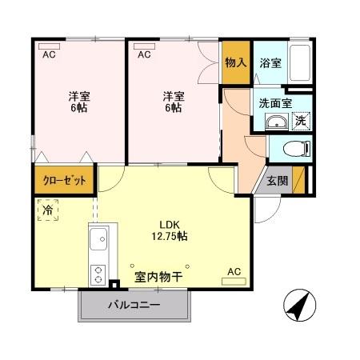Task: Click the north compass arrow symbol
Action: tap(298, 305)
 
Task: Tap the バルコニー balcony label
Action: tap(134, 306)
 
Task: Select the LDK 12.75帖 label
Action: tap(172, 230)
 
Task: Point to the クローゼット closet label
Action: tap(65, 180)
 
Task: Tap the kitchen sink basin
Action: tap(99, 239)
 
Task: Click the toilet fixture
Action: tap(298, 147)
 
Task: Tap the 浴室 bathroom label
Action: tap(270, 63)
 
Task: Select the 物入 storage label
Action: tap(235, 62)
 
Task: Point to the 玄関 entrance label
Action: tap(278, 179)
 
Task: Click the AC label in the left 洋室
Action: tap(49, 54)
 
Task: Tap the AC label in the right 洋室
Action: tap(144, 54)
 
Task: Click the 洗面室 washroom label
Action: tap(274, 102)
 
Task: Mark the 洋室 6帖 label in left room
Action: tap(78, 102)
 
